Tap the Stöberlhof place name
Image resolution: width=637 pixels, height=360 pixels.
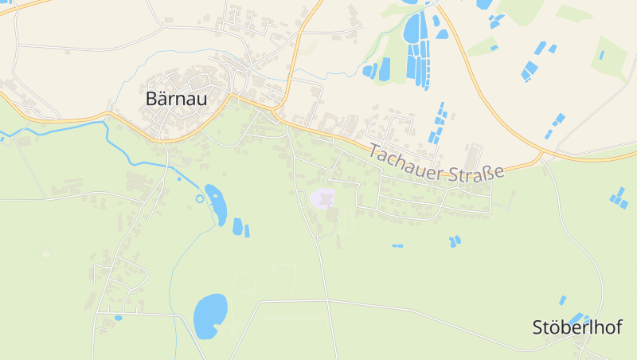[577, 327]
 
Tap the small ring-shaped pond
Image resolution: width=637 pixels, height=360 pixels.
[199, 198]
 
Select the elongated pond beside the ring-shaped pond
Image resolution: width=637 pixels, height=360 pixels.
[215, 204]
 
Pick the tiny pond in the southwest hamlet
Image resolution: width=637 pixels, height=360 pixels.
[118, 318]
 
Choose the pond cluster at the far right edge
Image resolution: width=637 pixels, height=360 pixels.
[618, 198]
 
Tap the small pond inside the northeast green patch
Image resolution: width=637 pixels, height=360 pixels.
[602, 55]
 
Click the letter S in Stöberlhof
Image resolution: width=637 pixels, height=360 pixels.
[537, 327]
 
